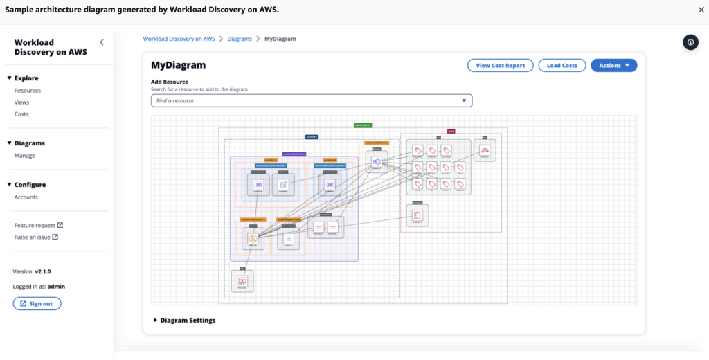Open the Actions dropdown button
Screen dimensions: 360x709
coord(613,65)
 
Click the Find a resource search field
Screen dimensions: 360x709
coord(312,101)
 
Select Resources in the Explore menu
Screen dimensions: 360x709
coord(28,91)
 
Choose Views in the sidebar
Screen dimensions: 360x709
coord(22,102)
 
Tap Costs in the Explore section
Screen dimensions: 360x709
coord(21,114)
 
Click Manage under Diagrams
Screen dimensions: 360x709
coord(25,156)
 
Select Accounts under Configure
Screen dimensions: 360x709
coord(26,197)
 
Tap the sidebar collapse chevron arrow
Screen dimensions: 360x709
coord(102,42)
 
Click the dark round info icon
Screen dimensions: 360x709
coord(690,42)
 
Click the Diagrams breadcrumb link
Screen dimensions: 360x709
coord(240,39)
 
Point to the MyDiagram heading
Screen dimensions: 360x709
coord(178,65)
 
